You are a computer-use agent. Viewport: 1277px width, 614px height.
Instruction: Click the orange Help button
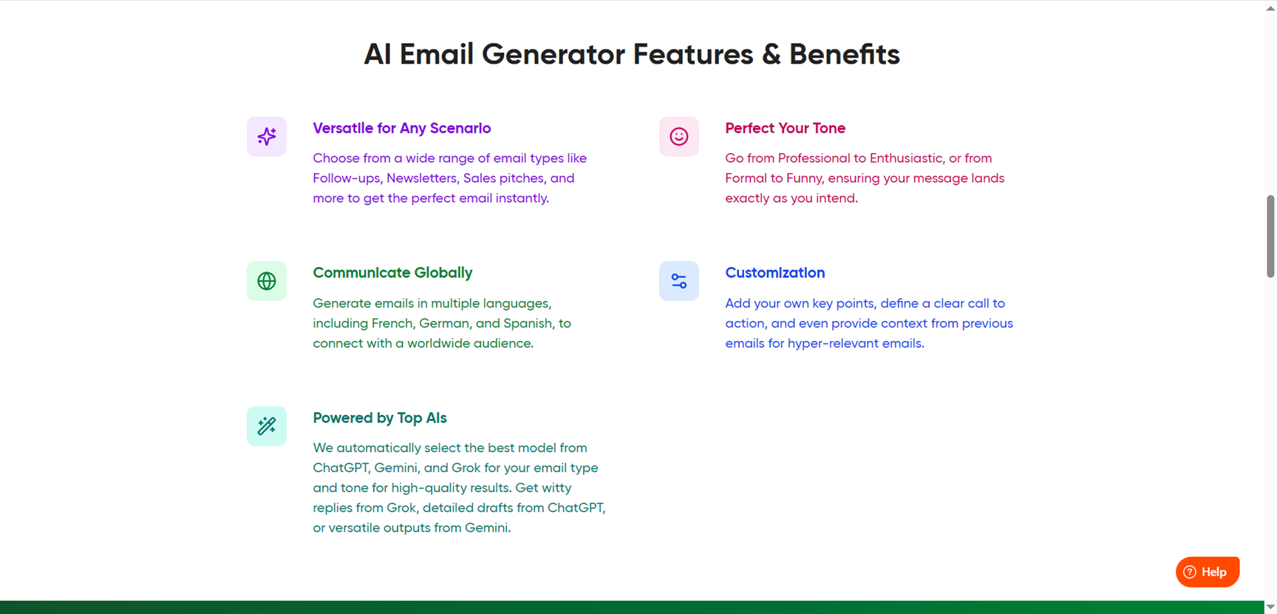pyautogui.click(x=1208, y=572)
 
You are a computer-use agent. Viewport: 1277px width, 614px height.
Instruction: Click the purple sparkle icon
pyautogui.click(x=267, y=136)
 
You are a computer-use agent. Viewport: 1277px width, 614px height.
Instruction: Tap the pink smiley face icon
pyautogui.click(x=679, y=136)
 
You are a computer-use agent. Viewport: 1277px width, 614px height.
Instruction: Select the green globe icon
pyautogui.click(x=267, y=281)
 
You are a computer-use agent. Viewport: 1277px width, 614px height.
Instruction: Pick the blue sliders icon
pyautogui.click(x=679, y=281)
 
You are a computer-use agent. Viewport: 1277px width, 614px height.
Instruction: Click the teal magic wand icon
pyautogui.click(x=267, y=426)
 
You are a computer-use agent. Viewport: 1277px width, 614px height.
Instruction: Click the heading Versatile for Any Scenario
pyautogui.click(x=402, y=128)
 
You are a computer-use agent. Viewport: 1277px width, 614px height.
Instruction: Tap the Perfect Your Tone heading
pyautogui.click(x=785, y=128)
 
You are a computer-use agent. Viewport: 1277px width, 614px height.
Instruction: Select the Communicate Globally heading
pyautogui.click(x=392, y=273)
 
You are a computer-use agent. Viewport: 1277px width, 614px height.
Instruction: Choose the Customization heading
pyautogui.click(x=774, y=273)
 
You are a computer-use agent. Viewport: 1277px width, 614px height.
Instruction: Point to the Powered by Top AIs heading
pyautogui.click(x=380, y=418)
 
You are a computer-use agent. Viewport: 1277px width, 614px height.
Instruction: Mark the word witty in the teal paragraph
pyautogui.click(x=557, y=488)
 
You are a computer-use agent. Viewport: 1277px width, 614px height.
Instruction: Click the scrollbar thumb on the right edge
pyautogui.click(x=1270, y=237)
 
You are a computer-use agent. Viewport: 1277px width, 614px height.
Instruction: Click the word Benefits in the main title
pyautogui.click(x=845, y=54)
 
